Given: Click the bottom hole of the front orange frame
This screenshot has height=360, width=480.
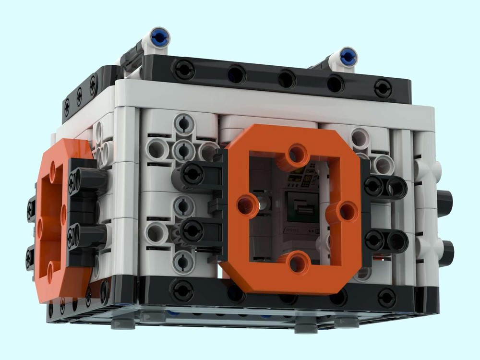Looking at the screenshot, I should [x=297, y=263].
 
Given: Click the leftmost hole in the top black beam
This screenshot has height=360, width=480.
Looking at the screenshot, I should [x=184, y=70].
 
